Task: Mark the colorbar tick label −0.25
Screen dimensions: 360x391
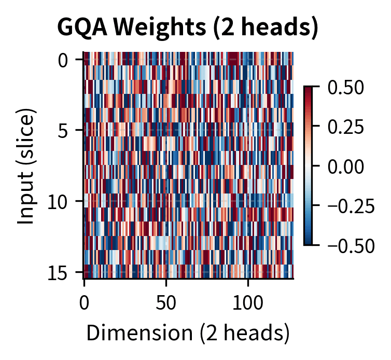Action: click(x=351, y=205)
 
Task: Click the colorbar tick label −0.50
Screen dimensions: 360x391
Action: click(x=351, y=245)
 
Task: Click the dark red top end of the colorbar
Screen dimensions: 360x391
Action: click(x=308, y=89)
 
